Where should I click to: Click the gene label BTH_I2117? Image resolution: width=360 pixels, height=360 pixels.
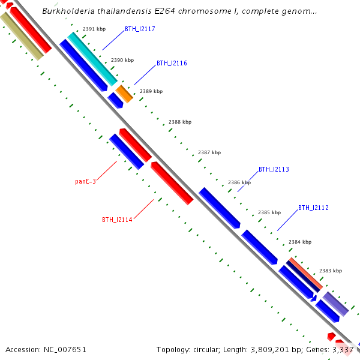tap(140, 29)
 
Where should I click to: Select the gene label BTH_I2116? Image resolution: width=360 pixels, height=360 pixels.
tap(172, 63)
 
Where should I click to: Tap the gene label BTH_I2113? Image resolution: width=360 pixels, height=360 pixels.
tap(274, 170)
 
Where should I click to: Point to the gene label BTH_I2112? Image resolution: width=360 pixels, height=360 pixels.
tap(313, 208)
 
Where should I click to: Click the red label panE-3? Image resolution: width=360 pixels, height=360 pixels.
tap(85, 181)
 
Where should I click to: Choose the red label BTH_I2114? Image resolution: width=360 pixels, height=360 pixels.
tap(117, 220)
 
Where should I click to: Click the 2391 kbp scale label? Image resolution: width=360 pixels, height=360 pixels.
tap(94, 29)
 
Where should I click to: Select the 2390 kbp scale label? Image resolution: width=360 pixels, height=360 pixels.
tap(122, 60)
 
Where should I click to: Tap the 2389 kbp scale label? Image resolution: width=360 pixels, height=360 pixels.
tap(151, 91)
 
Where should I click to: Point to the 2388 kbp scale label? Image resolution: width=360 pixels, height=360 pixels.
tap(180, 122)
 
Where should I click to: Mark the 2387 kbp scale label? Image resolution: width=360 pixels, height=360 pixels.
tap(209, 153)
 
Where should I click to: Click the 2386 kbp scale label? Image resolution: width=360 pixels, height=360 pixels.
tap(239, 182)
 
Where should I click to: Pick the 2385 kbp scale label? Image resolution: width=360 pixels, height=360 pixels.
tap(269, 212)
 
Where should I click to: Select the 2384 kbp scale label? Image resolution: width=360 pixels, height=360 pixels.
tap(300, 242)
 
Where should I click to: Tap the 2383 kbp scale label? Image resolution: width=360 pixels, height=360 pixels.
tap(331, 271)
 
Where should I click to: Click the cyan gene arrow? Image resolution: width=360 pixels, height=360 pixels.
tap(92, 58)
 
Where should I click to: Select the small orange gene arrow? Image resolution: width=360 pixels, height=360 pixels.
tap(124, 94)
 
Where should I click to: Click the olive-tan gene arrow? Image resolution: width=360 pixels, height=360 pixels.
tap(21, 35)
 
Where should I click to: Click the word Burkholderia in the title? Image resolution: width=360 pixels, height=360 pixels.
tap(68, 11)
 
